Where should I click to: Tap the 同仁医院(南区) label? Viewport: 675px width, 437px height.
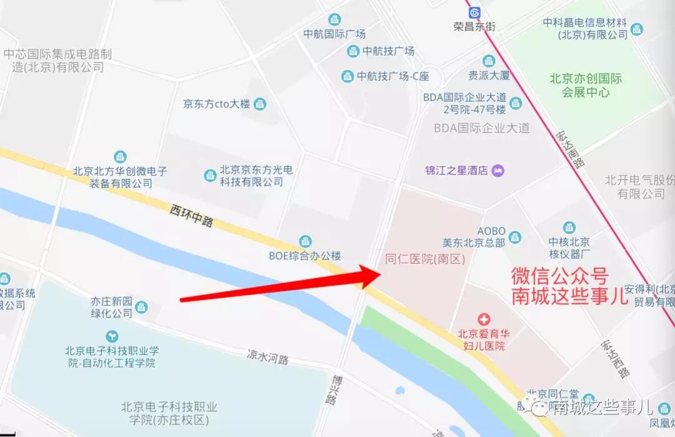tap(425, 259)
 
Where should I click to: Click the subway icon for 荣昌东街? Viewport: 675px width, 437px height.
tap(474, 13)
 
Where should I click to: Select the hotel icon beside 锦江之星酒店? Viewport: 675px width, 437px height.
tap(497, 171)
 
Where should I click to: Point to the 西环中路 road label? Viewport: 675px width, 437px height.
tap(191, 216)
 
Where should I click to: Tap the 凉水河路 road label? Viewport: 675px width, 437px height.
tap(267, 358)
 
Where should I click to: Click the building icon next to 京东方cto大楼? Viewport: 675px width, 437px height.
tap(260, 104)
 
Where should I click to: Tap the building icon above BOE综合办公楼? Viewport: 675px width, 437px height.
tap(305, 241)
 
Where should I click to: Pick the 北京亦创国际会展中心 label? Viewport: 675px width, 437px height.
tap(586, 86)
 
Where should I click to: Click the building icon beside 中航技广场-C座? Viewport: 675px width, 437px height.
tap(347, 77)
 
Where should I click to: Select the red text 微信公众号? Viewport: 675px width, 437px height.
tap(560, 276)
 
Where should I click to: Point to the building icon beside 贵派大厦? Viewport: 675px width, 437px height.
tap(489, 61)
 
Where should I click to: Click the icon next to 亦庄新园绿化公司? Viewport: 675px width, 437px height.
tap(142, 306)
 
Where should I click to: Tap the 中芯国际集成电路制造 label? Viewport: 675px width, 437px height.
tap(57, 61)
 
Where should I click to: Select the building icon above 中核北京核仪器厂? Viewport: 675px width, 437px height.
tap(569, 228)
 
